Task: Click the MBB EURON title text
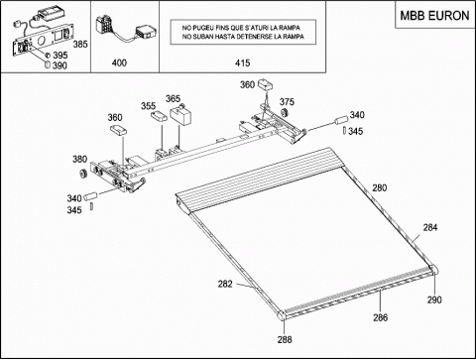(x=434, y=16)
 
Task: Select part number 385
(x=80, y=44)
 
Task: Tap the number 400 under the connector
(x=119, y=62)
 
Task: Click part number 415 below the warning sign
(x=242, y=62)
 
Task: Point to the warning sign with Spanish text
(x=243, y=32)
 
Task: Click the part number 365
(x=173, y=98)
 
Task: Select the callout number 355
(x=148, y=106)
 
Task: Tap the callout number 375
(x=287, y=102)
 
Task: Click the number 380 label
(x=79, y=159)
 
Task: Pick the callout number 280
(x=380, y=187)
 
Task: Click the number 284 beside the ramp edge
(x=430, y=227)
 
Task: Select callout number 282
(x=225, y=284)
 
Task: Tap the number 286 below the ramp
(x=381, y=317)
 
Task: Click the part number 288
(x=285, y=339)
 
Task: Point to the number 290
(x=434, y=300)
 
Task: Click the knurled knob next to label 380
(x=82, y=173)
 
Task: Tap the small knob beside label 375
(x=284, y=113)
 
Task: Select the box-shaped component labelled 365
(x=180, y=115)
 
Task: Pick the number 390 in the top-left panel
(x=59, y=65)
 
